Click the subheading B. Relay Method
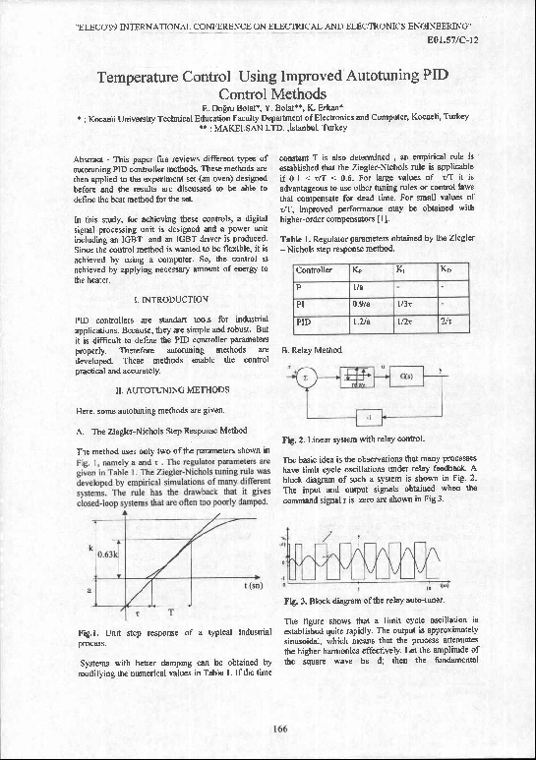(313, 348)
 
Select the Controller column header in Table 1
(314, 268)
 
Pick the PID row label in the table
(305, 321)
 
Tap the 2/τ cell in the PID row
(447, 321)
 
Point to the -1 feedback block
(367, 417)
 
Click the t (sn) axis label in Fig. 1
(252, 586)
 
